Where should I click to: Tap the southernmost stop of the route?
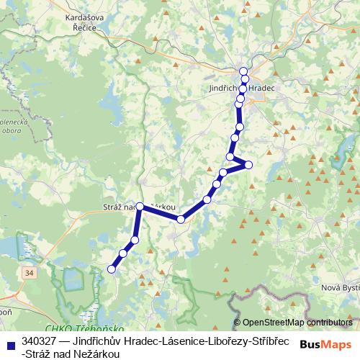pos(112,269)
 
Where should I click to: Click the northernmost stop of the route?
pos(243,71)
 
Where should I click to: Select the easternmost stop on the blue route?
pos(248,165)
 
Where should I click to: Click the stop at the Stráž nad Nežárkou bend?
pos(140,207)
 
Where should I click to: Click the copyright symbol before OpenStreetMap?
pos(237,323)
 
